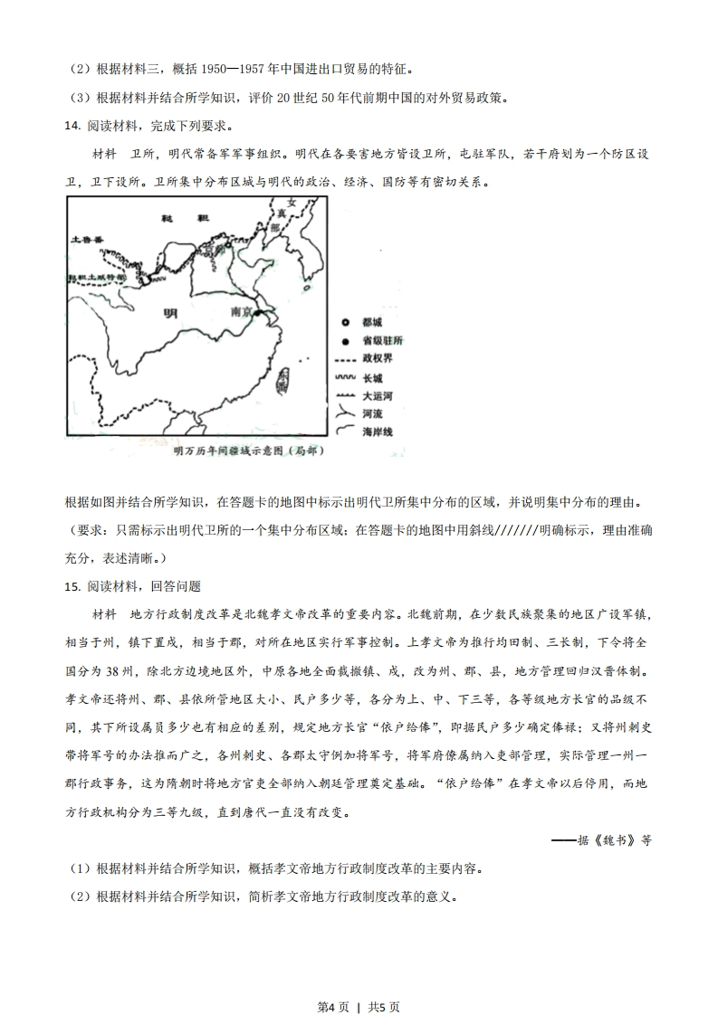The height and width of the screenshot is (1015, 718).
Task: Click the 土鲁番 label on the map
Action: [88, 240]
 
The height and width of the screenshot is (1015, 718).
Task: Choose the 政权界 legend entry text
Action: [377, 359]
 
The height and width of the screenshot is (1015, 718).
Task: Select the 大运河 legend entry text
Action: [377, 396]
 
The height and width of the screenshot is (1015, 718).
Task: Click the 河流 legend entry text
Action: [372, 414]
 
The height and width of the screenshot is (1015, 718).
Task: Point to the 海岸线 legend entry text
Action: [377, 432]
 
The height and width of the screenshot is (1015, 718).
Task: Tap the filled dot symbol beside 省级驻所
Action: [345, 341]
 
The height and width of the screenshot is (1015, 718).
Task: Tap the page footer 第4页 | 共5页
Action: [359, 982]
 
